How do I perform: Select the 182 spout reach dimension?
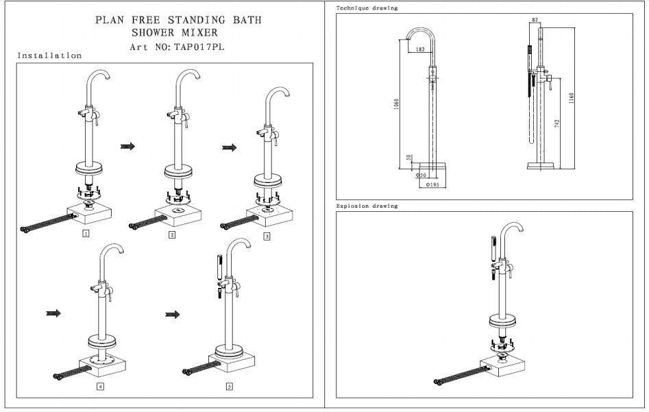coord(419,49)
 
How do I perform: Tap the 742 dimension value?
coord(557,123)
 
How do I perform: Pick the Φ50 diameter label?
coord(421,175)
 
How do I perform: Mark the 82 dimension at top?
coord(535,20)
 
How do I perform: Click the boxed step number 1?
coord(85,233)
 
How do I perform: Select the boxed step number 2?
coord(172,235)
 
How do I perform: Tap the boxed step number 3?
coord(267,237)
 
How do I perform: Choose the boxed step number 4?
coord(100,387)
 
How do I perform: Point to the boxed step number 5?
coord(229,387)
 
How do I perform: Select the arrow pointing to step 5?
coord(173,315)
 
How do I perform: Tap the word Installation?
coord(49,56)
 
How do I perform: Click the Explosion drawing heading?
coord(367,206)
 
